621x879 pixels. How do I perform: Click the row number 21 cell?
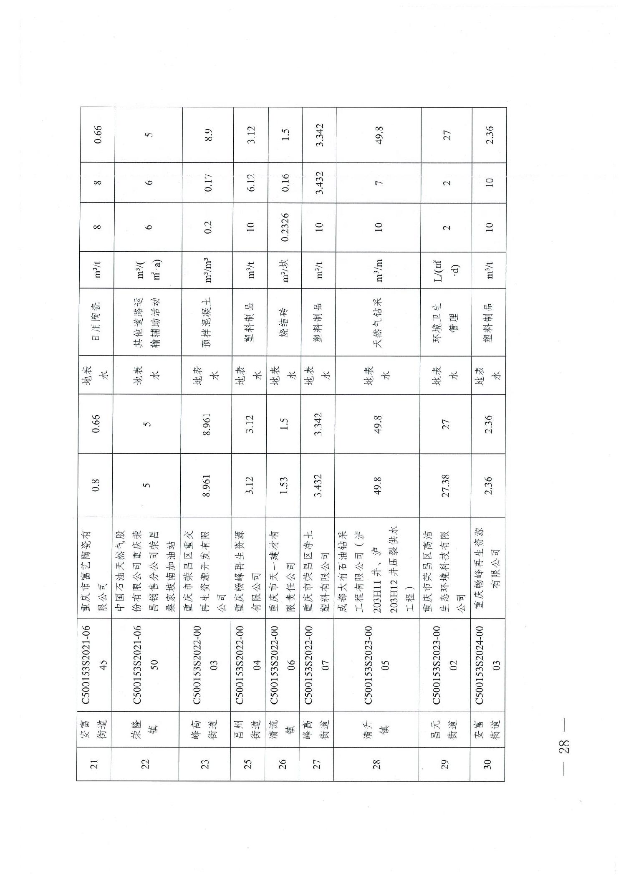[x=94, y=764]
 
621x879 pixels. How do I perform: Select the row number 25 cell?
[x=247, y=764]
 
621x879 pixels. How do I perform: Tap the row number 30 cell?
[x=487, y=764]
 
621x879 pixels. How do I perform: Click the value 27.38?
[x=446, y=485]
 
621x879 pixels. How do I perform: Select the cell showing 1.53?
[x=284, y=485]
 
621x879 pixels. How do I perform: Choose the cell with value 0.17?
[x=208, y=182]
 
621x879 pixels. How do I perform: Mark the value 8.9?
[x=209, y=135]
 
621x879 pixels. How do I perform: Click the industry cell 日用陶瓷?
[x=96, y=322]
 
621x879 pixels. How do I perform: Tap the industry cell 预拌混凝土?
[x=207, y=322]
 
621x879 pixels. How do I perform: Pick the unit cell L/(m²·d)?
[x=446, y=270]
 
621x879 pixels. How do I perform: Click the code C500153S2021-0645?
[x=94, y=664]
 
